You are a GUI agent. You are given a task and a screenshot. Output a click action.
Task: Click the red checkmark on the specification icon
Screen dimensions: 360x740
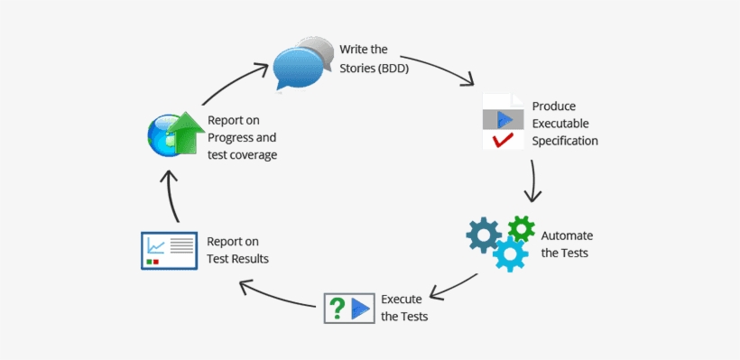502,140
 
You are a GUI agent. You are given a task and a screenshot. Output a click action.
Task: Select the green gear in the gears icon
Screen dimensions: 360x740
521,228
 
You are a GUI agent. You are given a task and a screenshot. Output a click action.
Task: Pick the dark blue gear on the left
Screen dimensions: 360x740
484,235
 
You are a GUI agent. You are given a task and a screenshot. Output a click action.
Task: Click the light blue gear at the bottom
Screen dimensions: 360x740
510,255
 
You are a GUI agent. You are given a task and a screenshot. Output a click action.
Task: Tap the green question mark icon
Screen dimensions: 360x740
337,309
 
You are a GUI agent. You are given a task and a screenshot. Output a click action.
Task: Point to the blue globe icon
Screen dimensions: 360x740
163,135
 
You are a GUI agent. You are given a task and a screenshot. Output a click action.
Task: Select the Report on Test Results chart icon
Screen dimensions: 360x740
169,250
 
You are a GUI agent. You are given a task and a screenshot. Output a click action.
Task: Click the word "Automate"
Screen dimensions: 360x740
567,235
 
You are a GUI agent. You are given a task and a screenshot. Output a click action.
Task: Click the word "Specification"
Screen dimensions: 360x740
565,140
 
